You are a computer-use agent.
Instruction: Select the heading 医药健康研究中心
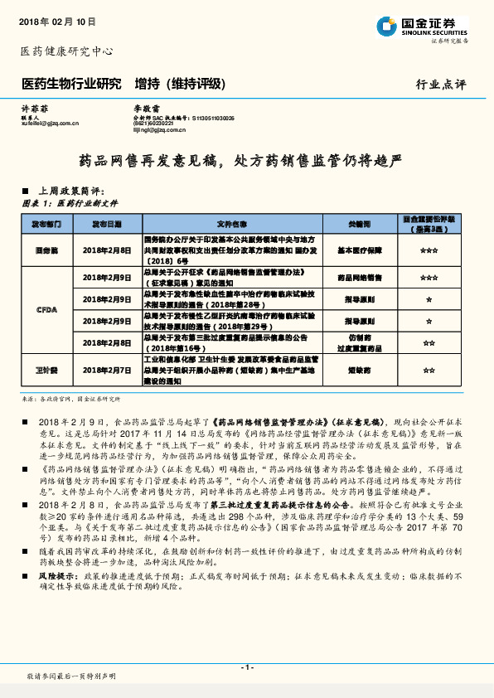pos(65,51)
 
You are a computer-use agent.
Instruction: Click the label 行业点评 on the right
pos(441,85)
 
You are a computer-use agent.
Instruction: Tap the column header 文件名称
pos(232,224)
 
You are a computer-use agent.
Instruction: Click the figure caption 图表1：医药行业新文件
pos(70,202)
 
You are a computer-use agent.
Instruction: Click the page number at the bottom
pos(246,667)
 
